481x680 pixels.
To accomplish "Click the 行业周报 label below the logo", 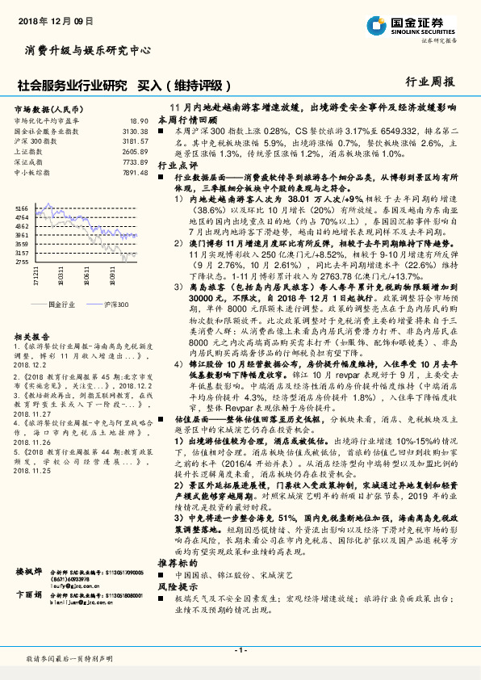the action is click(429, 81).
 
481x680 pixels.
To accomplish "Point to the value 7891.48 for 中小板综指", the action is click(135, 172).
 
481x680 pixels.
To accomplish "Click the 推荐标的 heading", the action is click(176, 560).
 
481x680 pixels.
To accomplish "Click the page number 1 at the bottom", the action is click(240, 650).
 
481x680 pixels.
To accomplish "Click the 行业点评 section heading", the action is click(176, 164).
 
